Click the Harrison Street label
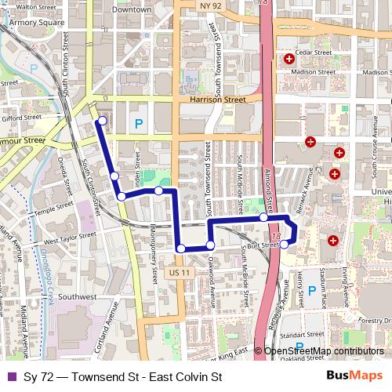coord(212,100)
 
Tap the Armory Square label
coord(35,23)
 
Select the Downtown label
coord(131,10)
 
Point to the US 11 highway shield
coord(180,272)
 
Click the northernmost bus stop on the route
coord(101,121)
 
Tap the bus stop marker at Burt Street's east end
coord(284,245)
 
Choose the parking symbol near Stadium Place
coord(311,289)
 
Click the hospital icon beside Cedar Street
coord(289,59)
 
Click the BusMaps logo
coord(354,377)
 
